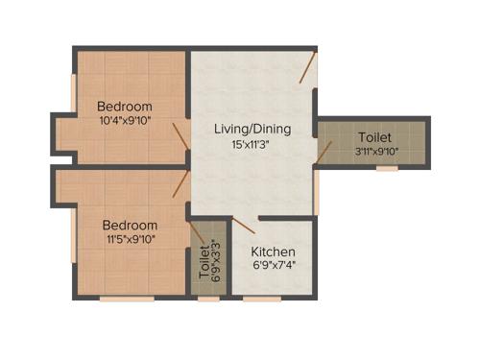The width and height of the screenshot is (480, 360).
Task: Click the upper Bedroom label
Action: click(125, 106)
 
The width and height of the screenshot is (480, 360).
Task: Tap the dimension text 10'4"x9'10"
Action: click(125, 121)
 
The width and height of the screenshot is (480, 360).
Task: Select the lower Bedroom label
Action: click(131, 225)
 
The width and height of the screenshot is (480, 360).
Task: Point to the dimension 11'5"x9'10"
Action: click(131, 240)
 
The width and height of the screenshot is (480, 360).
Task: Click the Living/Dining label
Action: click(253, 129)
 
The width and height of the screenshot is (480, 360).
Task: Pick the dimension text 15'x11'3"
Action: click(253, 144)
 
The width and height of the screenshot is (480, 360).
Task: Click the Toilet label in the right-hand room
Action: click(374, 137)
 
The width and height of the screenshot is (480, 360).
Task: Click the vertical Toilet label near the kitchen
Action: click(204, 261)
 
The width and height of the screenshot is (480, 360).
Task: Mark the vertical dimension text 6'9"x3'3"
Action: click(217, 259)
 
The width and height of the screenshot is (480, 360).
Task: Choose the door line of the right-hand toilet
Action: click(324, 151)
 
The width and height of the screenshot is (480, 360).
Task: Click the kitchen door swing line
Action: click(243, 226)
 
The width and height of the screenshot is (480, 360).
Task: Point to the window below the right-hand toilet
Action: click(387, 169)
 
